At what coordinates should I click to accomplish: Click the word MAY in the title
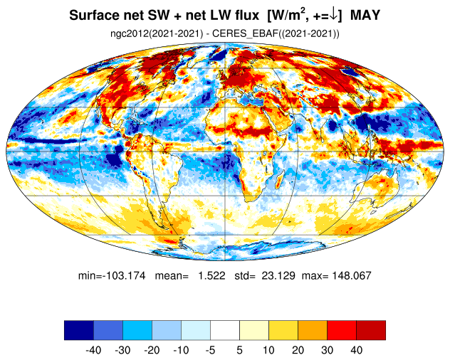coord(365,15)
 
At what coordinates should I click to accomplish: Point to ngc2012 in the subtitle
coord(129,33)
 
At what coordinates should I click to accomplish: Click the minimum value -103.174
coord(125,275)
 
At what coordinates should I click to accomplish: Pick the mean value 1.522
coord(211,275)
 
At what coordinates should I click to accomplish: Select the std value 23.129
coord(278,275)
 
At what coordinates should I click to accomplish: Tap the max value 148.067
coord(351,275)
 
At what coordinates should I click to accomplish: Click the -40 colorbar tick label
coord(93,350)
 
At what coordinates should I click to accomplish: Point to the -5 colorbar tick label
coord(210,350)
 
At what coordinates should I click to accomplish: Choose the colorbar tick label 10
coord(268,350)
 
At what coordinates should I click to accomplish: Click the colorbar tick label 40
coord(356,350)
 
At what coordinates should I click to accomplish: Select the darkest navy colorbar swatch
coord(79,330)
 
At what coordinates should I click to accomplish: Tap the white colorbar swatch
coord(225,330)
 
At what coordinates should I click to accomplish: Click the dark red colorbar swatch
coord(371,330)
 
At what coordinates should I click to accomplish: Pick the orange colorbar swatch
coord(313,330)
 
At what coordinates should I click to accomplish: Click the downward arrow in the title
coord(334,15)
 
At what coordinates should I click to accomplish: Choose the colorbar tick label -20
coord(152,350)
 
